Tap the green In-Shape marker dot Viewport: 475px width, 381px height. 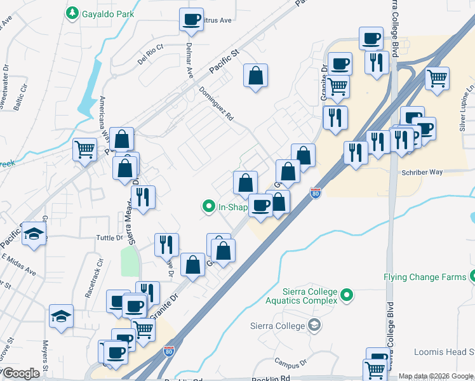(x=208, y=206)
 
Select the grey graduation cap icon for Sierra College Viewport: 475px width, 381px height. (x=313, y=326)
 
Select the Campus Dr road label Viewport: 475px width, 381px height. (x=291, y=362)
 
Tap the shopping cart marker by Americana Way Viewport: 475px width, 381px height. (x=84, y=150)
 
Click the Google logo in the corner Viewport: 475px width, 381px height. (x=21, y=373)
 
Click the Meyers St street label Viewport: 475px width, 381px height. (x=46, y=355)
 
